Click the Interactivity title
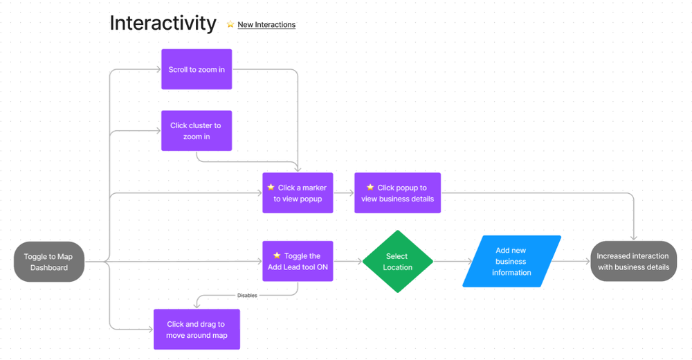click(163, 23)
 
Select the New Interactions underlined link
click(266, 25)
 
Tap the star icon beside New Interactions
click(230, 25)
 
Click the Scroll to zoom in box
click(197, 69)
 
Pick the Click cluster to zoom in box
click(197, 131)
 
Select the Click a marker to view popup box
click(298, 192)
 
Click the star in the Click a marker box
click(271, 188)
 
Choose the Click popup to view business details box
click(397, 192)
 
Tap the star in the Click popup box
click(370, 188)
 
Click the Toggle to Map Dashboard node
click(49, 262)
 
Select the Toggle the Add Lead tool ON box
click(298, 261)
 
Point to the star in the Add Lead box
click(277, 255)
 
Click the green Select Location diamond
click(397, 262)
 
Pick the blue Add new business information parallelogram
click(511, 262)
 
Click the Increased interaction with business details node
click(633, 262)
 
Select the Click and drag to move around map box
click(197, 330)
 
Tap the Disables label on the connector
click(247, 296)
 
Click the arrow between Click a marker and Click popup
click(344, 192)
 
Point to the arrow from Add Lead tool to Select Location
click(347, 262)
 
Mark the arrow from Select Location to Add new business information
click(453, 262)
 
